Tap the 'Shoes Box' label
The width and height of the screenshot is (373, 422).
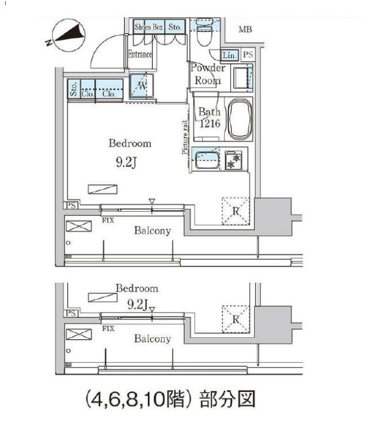149,26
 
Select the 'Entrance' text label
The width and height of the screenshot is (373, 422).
140,55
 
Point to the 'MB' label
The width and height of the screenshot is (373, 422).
245,30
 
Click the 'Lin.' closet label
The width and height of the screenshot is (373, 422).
229,55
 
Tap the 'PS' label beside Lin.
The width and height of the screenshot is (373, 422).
247,55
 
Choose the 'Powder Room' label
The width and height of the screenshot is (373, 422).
207,74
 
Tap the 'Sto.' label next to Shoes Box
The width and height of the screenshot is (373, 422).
175,26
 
